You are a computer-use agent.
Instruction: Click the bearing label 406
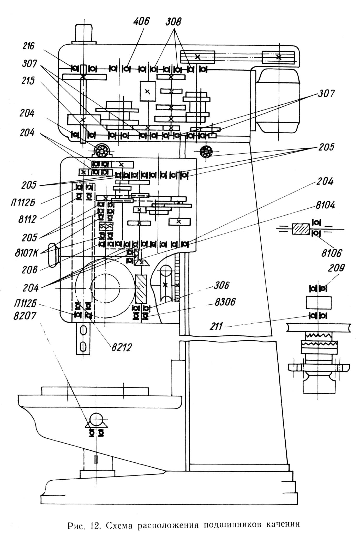tap(141, 22)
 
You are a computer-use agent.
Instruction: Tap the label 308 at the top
tap(173, 22)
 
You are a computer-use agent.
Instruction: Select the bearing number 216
tap(28, 46)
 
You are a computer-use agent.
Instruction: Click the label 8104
tap(325, 206)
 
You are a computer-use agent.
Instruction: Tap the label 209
tap(336, 268)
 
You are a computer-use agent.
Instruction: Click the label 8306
tap(225, 302)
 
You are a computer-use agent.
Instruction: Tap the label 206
tap(29, 269)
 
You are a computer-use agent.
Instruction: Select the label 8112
tap(27, 219)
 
